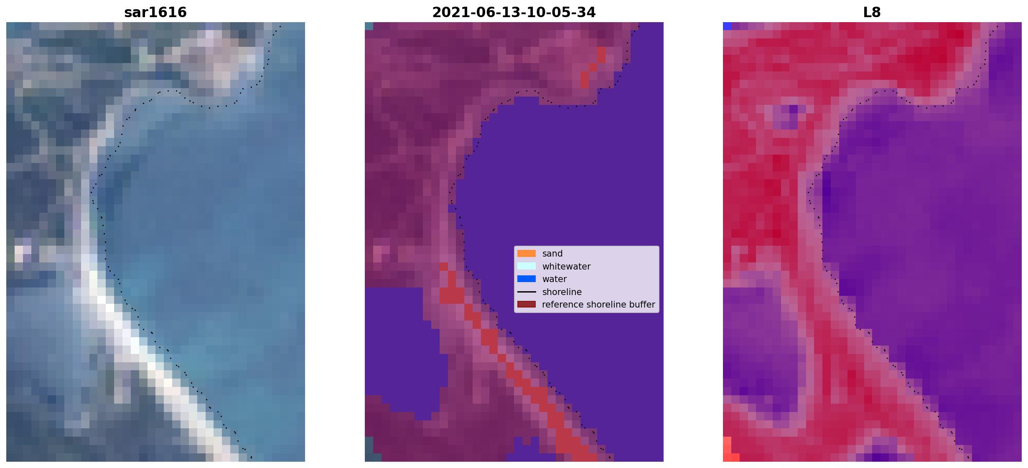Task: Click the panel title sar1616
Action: [x=155, y=13]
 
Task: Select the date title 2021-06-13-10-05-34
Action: [x=514, y=13]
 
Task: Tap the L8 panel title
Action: [x=872, y=13]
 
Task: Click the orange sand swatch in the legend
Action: [x=527, y=254]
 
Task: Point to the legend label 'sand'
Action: [x=552, y=254]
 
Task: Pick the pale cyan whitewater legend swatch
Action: [x=527, y=266]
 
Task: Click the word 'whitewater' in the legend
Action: [x=566, y=267]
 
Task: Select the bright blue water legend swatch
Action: [x=527, y=279]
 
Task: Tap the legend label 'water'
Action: [x=555, y=279]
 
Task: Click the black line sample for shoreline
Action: [x=527, y=292]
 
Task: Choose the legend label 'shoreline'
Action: [x=562, y=292]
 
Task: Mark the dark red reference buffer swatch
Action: [x=527, y=304]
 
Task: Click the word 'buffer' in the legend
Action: [x=642, y=305]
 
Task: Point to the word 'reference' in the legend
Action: [x=561, y=305]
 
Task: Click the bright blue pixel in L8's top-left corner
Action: [x=727, y=26]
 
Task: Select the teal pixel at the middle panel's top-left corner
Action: [x=369, y=26]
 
